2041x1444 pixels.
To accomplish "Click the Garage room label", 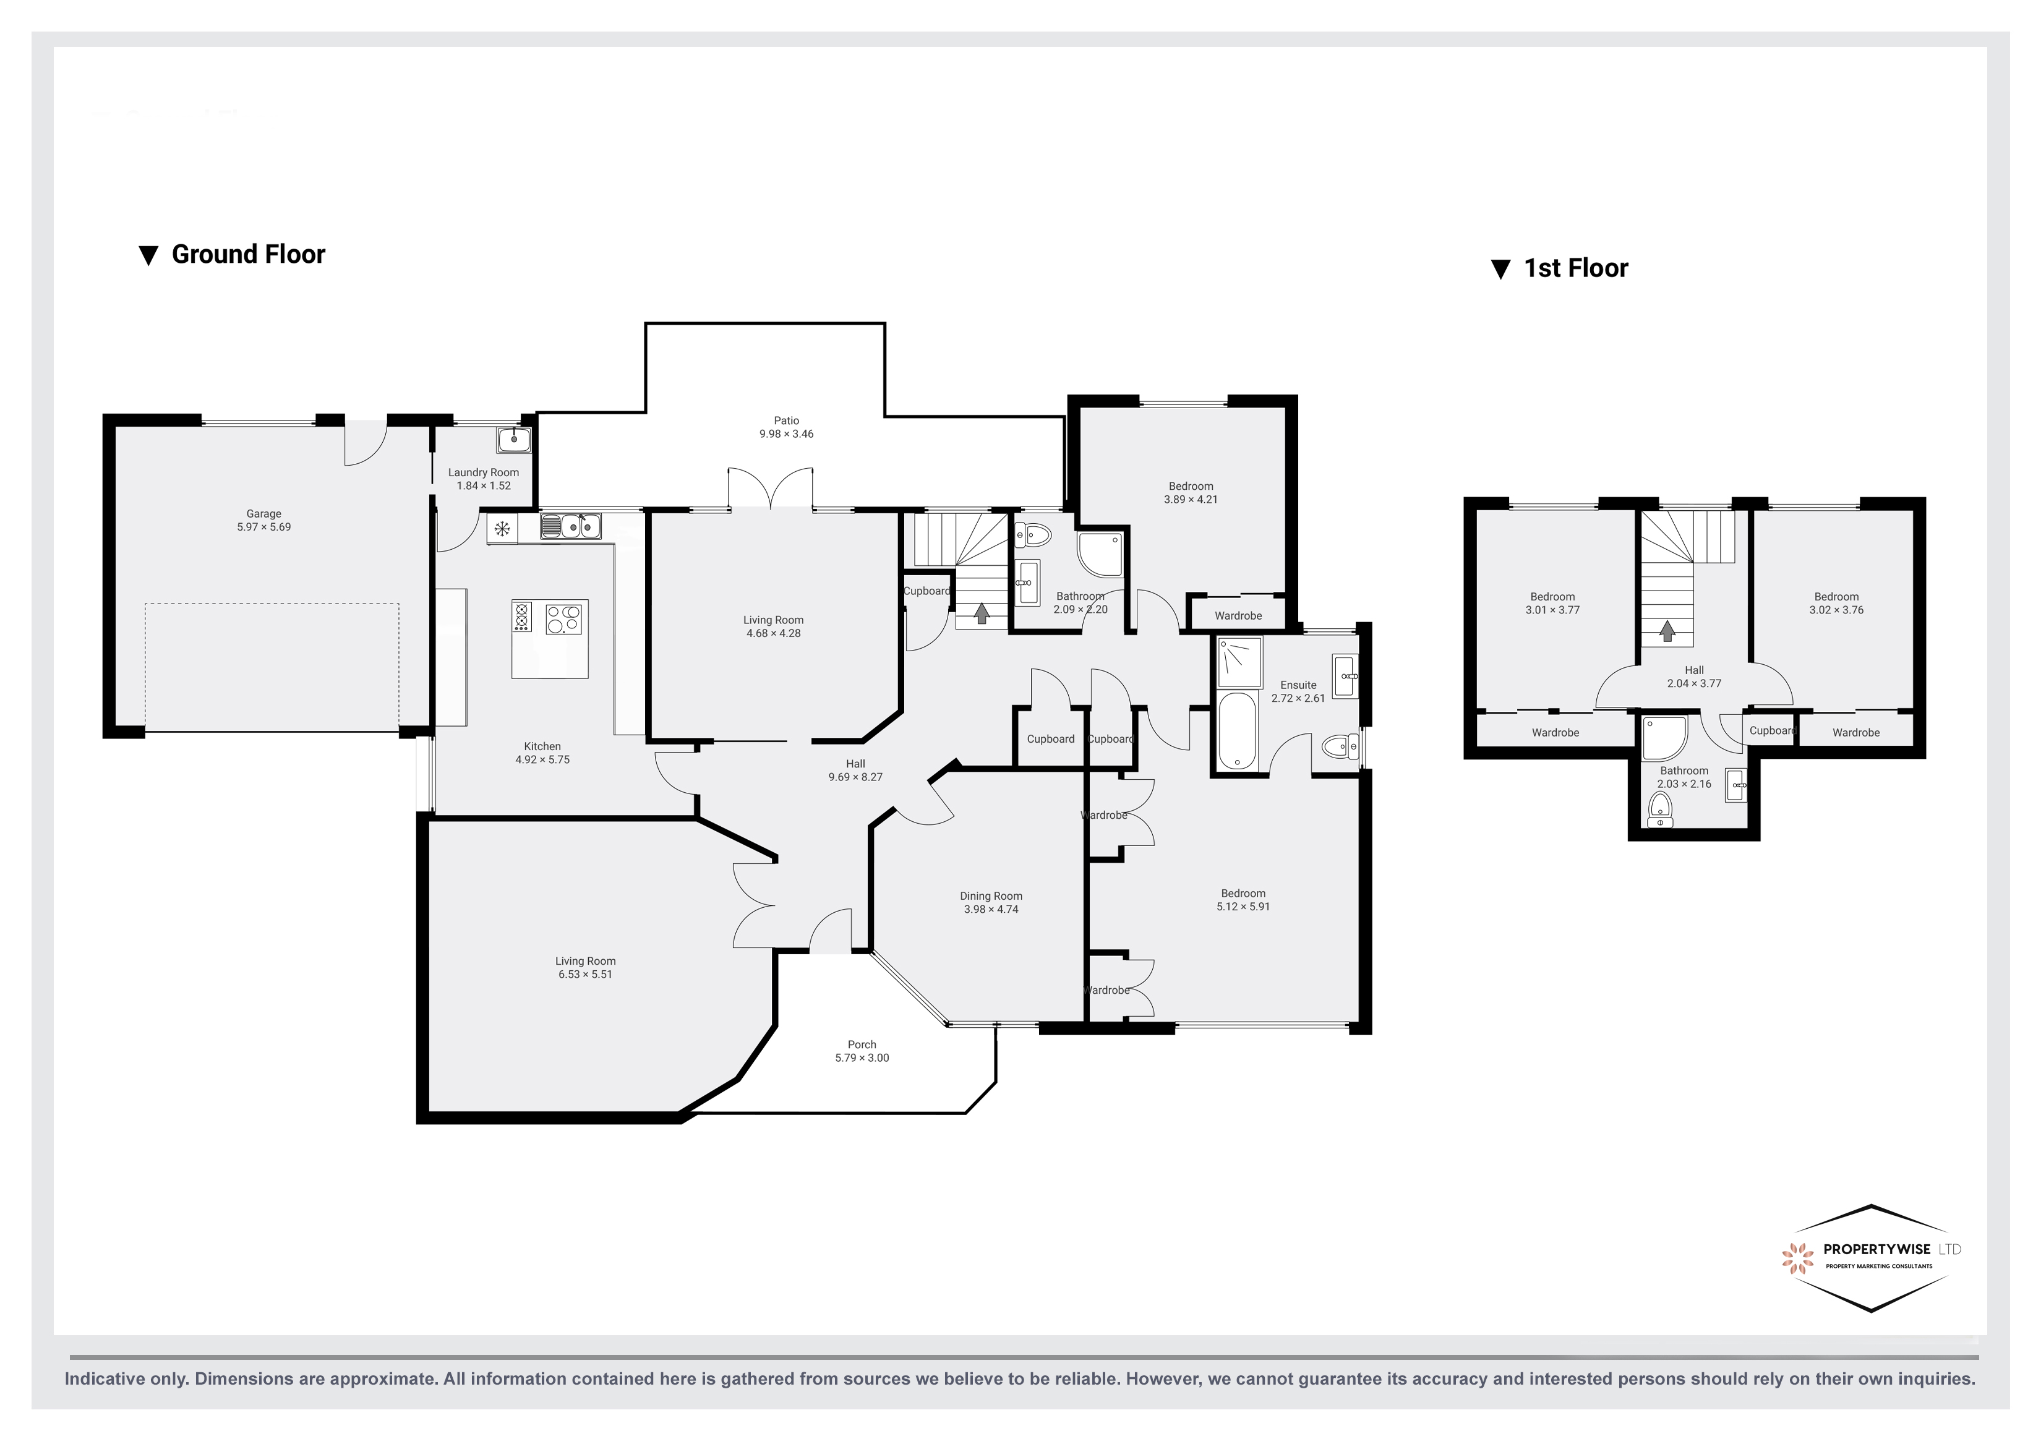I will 263,514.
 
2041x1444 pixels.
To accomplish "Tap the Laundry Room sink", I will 514,439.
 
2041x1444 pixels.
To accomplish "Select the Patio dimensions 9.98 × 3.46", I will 786,434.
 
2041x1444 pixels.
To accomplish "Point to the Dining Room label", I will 991,896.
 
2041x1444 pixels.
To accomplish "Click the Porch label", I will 862,1045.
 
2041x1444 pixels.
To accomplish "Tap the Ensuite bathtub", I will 1236,731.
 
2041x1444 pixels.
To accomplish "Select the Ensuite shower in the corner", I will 1239,662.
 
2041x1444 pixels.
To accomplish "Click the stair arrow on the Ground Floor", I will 982,613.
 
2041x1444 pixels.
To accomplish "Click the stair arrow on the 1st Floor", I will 1667,631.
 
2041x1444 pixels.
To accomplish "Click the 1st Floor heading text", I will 1575,268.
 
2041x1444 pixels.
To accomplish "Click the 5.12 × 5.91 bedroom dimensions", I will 1243,907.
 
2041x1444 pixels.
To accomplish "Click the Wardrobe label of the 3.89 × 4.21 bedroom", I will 1238,615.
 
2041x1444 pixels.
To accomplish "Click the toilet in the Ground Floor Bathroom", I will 1034,534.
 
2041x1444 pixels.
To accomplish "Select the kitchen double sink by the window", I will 571,528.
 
